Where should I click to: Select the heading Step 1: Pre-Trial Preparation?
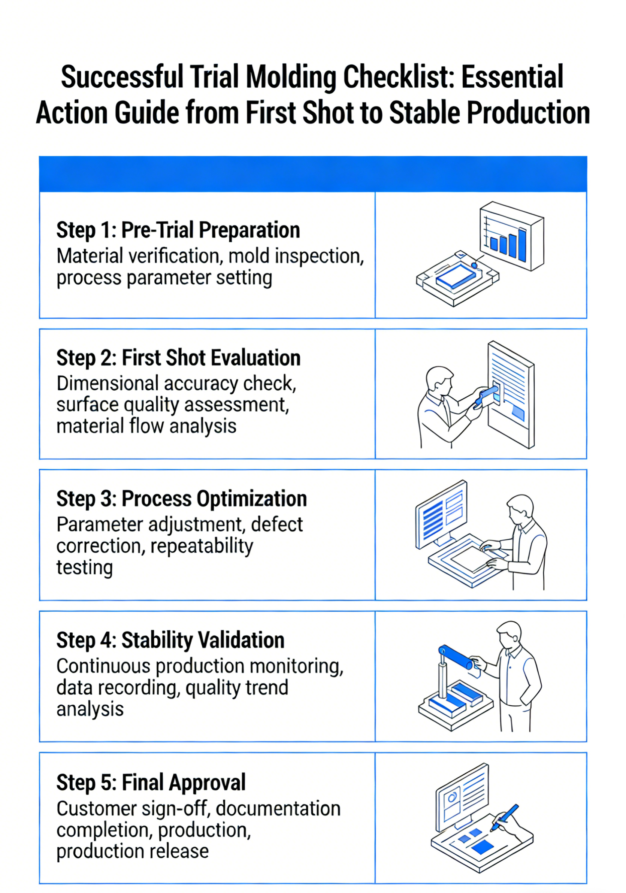click(x=178, y=230)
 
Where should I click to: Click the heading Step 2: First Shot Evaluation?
click(x=179, y=358)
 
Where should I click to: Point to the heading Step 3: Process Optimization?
click(x=182, y=499)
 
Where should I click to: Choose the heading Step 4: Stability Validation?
click(x=170, y=640)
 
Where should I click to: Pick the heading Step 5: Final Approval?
click(x=151, y=782)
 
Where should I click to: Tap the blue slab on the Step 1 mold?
click(x=456, y=276)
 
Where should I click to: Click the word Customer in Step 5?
click(x=97, y=809)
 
